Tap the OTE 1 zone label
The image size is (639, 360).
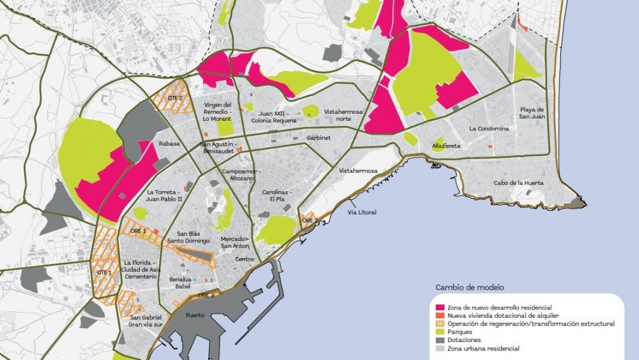(x=104, y=272)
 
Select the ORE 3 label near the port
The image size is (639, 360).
(x=205, y=295)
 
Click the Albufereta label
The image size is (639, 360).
(x=446, y=145)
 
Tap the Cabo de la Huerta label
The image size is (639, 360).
(x=519, y=183)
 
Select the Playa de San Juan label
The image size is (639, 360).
(x=532, y=113)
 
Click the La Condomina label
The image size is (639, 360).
(x=489, y=129)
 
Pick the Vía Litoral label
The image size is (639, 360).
(x=362, y=212)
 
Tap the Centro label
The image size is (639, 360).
(x=244, y=259)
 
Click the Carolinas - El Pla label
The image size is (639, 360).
(x=277, y=195)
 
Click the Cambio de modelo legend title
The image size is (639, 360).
(x=470, y=287)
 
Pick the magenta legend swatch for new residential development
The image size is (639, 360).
(x=440, y=308)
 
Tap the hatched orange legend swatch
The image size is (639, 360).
(x=440, y=324)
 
